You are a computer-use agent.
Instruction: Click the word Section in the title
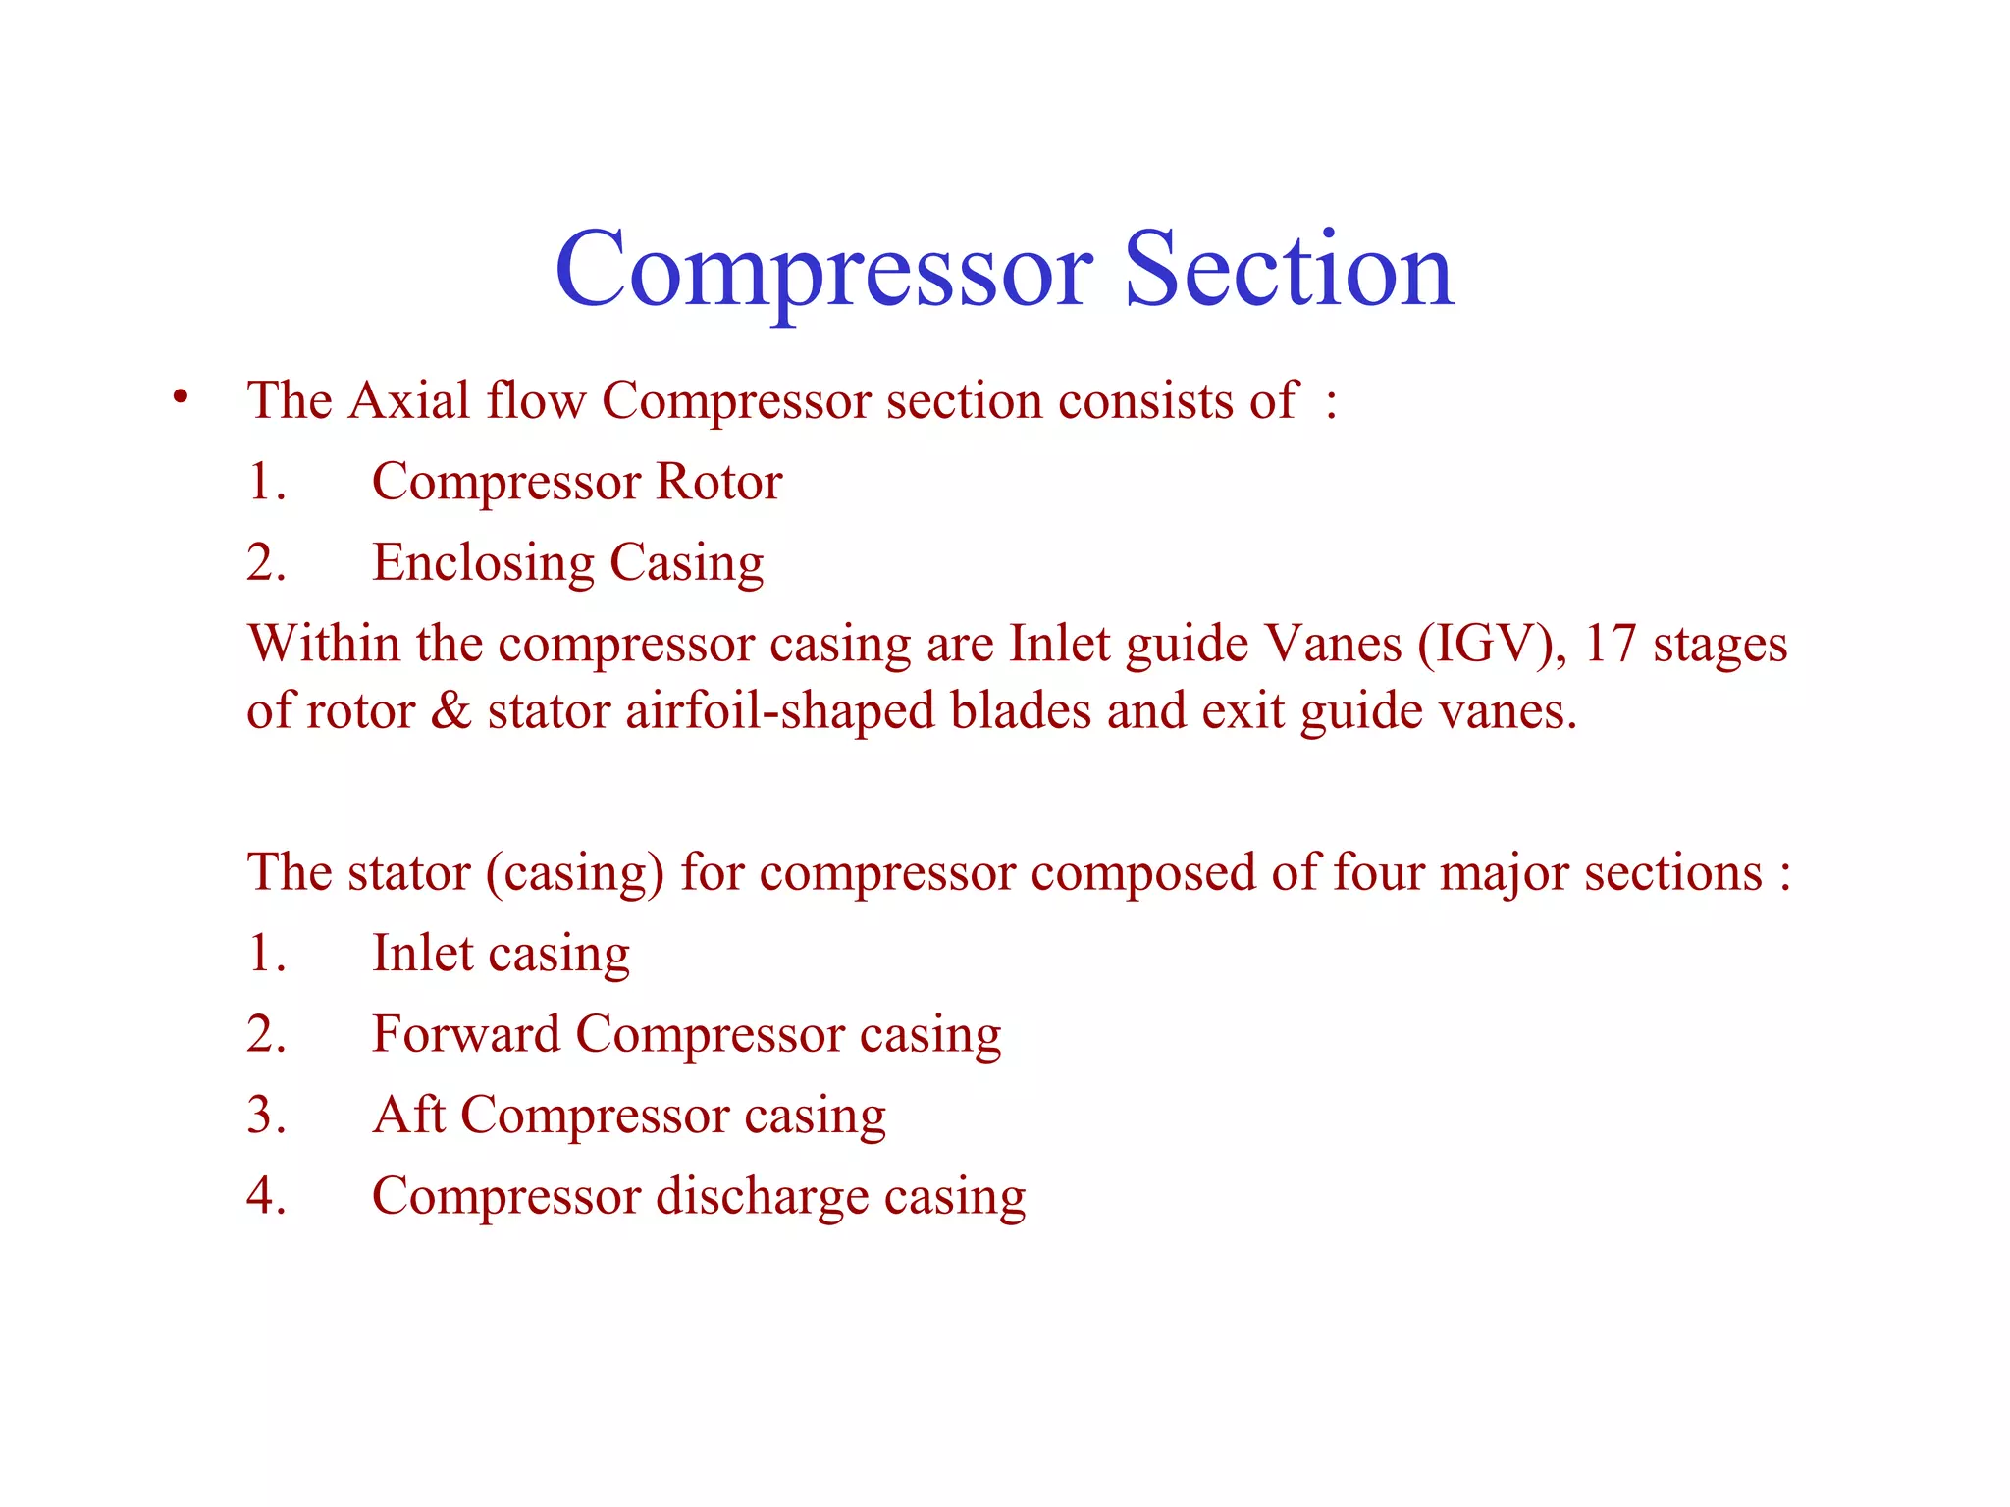coord(1288,270)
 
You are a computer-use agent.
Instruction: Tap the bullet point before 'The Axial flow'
coord(180,397)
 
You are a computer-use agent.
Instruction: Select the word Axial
coord(409,401)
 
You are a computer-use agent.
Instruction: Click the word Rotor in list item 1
coord(718,482)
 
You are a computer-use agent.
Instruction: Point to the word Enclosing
coord(483,564)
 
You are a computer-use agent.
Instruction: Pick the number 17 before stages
coord(1611,645)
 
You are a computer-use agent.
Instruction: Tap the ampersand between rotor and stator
coord(450,710)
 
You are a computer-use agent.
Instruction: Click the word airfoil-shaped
coord(779,710)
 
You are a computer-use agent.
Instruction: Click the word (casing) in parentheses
coord(575,872)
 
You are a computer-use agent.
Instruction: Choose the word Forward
coord(466,1034)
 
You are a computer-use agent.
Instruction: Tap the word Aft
coord(408,1115)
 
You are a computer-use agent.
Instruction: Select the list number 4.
coord(266,1196)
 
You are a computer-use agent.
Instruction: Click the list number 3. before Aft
coord(266,1116)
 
